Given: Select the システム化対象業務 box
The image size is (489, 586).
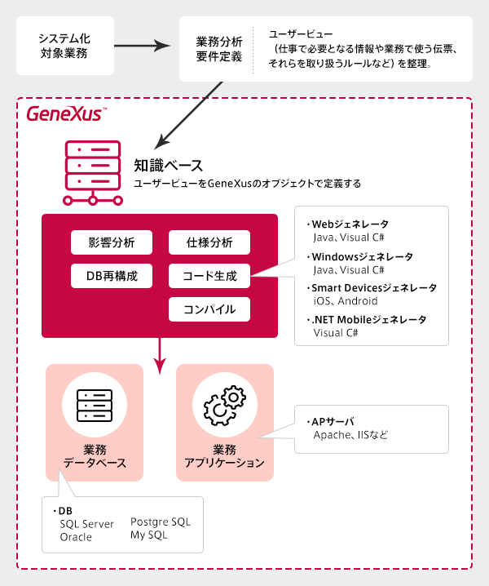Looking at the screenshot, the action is point(65,46).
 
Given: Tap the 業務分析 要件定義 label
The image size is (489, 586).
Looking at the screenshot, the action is point(219,49).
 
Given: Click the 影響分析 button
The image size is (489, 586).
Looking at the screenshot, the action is point(112,242).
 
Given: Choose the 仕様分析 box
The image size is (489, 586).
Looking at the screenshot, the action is point(209,242).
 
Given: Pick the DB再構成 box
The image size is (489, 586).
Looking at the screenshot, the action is point(112,276).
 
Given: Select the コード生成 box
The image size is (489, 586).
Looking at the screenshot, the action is point(209,276).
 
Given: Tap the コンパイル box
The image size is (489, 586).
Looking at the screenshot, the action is point(209,309).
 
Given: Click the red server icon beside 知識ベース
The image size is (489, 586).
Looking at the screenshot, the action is point(93,173).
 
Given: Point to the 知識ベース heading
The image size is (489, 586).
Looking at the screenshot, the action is point(169,165).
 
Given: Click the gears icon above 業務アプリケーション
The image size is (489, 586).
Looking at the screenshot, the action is point(225,405).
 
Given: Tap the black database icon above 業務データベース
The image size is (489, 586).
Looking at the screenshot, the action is point(95,406).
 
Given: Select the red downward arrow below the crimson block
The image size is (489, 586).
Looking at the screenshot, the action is point(160,356).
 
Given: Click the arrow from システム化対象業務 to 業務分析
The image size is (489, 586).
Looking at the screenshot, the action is point(143,46).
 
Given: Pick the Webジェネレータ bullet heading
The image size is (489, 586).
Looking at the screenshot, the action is point(348,224).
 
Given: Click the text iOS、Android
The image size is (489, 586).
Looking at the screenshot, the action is point(346,301).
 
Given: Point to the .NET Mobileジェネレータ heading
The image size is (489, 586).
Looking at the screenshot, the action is point(367,320).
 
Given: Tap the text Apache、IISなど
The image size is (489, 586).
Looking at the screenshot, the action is point(351,435).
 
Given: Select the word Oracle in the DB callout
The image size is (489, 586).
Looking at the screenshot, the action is point(76,537).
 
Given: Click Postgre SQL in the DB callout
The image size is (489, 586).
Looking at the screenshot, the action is point(161,522).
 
